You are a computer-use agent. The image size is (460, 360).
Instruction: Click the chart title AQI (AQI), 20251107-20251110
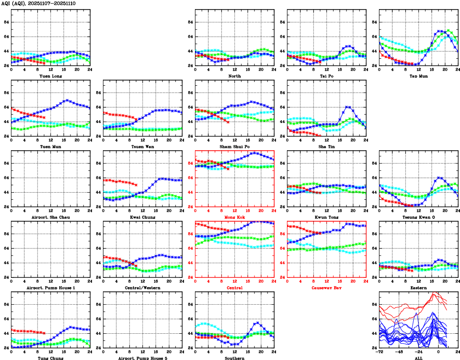[x=38, y=3]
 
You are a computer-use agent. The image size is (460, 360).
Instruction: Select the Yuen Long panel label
[x=51, y=76]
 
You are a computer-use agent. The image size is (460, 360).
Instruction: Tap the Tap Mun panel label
[x=418, y=76]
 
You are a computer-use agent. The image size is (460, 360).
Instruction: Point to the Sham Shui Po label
[x=235, y=146]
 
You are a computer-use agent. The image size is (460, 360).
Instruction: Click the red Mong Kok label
[x=235, y=217]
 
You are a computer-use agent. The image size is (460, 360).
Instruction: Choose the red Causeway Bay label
[x=327, y=288]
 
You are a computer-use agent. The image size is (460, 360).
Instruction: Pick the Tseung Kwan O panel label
[x=418, y=217]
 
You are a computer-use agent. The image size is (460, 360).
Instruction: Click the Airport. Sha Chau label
[x=51, y=217]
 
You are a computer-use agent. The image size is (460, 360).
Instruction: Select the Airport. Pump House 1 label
[x=51, y=288]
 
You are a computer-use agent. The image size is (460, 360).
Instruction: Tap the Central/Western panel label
[x=143, y=288]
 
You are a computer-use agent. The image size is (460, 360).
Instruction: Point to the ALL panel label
[x=418, y=358]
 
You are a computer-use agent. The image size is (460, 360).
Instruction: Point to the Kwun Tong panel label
[x=327, y=217]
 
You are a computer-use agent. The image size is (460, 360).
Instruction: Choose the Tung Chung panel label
[x=51, y=358]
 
